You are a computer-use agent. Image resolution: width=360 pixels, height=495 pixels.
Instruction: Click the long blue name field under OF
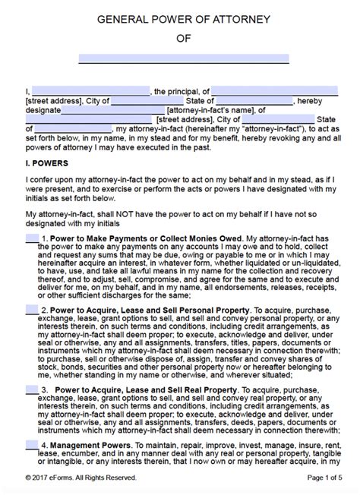pyautogui.click(x=184, y=58)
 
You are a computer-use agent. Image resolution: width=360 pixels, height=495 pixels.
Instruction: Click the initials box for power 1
pyautogui.click(x=32, y=238)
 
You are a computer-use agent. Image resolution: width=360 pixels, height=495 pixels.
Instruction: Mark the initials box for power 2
pyautogui.click(x=32, y=309)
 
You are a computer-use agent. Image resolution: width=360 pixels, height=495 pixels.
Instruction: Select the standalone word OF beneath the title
pyautogui.click(x=180, y=40)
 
